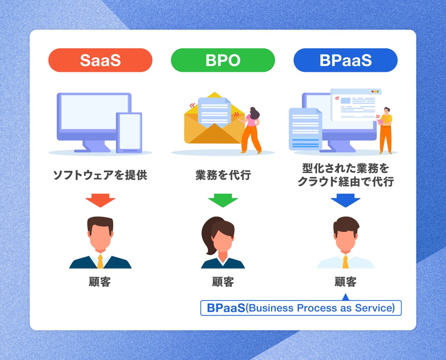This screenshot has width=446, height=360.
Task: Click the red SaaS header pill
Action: (100, 60)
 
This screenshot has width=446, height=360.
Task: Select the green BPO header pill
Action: (223, 60)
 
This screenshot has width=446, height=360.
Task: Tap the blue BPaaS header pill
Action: (345, 60)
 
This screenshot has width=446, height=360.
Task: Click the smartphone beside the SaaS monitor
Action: (129, 132)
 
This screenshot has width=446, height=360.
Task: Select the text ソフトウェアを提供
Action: (100, 175)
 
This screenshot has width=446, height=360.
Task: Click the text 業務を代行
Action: (223, 175)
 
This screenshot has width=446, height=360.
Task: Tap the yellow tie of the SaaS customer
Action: (100, 261)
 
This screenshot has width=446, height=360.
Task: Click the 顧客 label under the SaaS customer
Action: (100, 282)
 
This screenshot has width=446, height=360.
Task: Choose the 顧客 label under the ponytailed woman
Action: (223, 282)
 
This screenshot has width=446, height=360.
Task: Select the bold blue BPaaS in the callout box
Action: (226, 308)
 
